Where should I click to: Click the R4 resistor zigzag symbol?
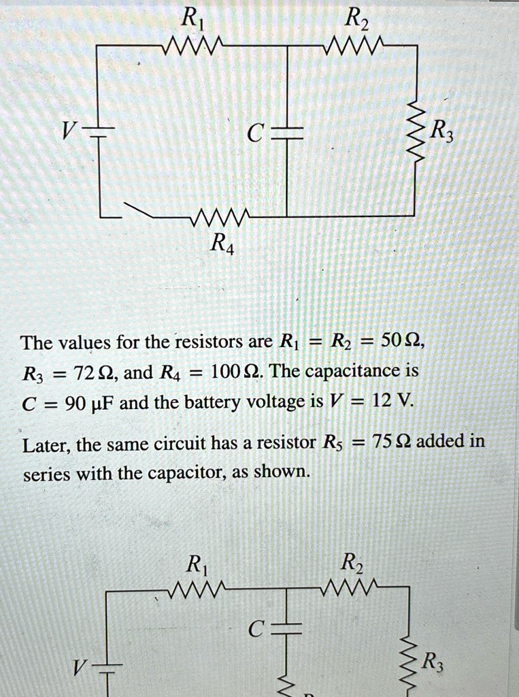[222, 218]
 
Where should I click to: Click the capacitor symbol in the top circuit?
[287, 132]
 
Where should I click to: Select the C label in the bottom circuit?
[254, 631]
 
